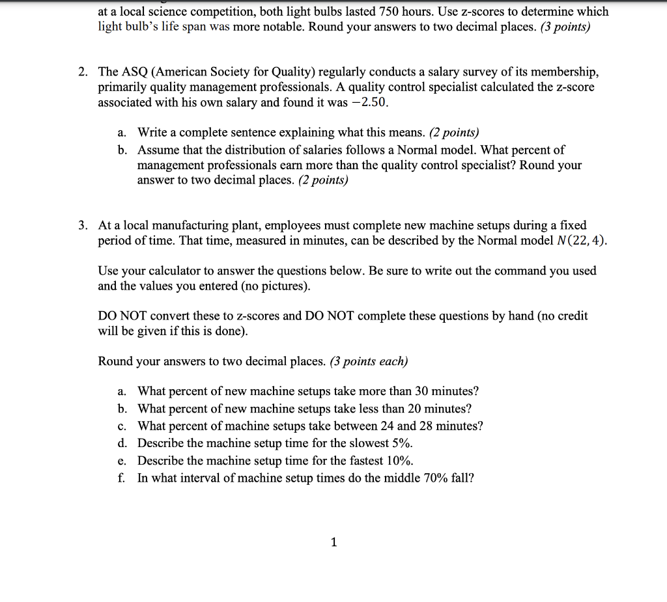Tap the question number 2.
83,72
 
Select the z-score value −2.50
372,103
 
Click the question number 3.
83,226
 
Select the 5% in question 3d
403,443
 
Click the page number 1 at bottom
333,541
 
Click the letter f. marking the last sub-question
122,478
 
